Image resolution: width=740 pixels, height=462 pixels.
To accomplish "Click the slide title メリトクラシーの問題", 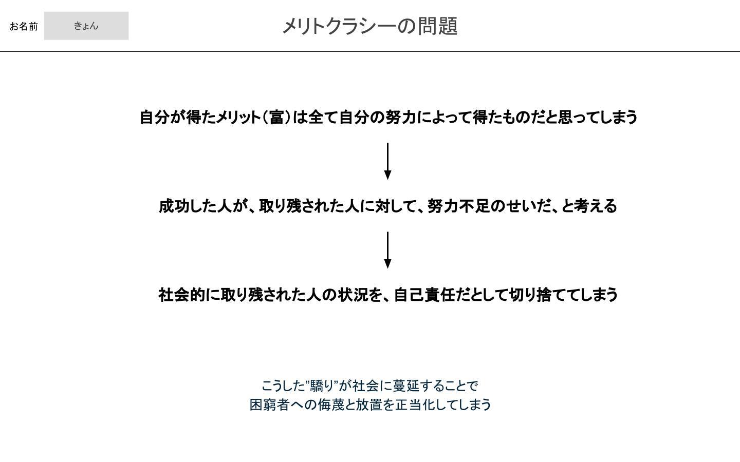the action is click(370, 26).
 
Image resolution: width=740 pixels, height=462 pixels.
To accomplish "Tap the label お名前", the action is click(24, 26).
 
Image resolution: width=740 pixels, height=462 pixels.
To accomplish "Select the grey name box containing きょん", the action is click(86, 26).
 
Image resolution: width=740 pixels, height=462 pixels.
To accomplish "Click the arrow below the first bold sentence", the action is click(388, 161).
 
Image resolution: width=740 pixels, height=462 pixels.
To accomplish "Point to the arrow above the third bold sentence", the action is click(388, 250).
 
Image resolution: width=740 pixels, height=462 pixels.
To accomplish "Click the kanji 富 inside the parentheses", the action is click(277, 118).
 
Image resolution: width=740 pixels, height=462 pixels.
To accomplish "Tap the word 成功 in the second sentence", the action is click(174, 206).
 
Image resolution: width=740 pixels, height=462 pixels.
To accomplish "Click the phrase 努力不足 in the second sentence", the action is click(458, 206).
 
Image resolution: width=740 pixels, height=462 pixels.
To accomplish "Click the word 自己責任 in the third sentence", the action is click(425, 295).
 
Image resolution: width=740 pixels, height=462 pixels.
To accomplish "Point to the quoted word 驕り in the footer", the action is click(322, 386).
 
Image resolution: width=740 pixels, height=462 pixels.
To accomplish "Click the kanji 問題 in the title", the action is click(438, 26).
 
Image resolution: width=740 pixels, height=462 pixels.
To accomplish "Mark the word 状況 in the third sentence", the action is click(353, 295).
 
